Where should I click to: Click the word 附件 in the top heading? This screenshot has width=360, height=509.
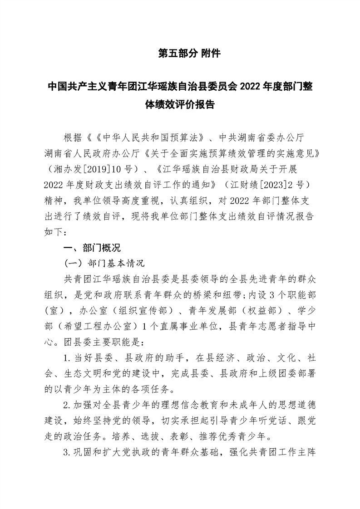click(x=210, y=54)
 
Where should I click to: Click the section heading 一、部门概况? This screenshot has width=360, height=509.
click(x=92, y=248)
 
